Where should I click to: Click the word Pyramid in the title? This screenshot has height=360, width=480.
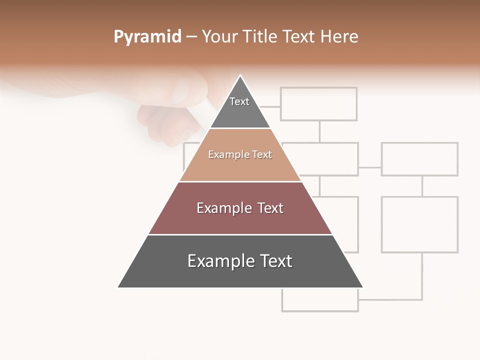click(x=147, y=37)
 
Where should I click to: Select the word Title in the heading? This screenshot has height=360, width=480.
click(x=263, y=37)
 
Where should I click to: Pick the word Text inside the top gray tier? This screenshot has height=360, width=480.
click(x=239, y=101)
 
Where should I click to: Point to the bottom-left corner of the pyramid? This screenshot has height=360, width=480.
click(x=118, y=287)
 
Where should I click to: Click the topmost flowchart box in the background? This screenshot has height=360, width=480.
click(x=318, y=104)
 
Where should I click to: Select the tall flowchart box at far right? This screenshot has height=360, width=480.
click(x=419, y=224)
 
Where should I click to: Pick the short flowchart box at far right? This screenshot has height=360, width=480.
click(x=419, y=159)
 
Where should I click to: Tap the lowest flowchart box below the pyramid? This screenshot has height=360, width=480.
click(x=320, y=300)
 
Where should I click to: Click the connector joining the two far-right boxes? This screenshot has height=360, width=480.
click(x=422, y=186)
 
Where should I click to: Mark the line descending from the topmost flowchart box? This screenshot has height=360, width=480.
click(x=319, y=131)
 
